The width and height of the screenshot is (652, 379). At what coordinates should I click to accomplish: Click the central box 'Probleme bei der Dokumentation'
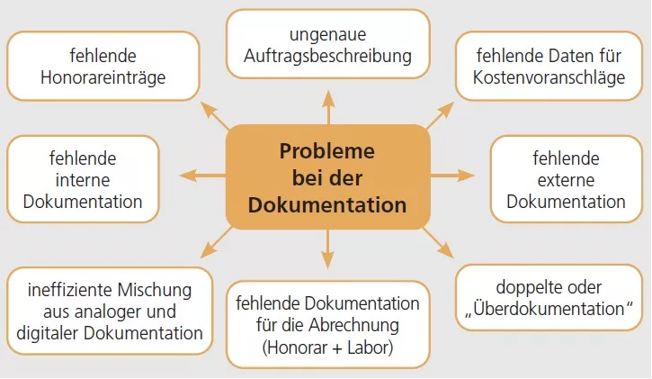327,177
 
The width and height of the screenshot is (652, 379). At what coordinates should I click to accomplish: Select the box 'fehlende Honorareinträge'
103,66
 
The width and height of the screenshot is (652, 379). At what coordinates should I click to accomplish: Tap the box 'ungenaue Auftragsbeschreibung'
327,45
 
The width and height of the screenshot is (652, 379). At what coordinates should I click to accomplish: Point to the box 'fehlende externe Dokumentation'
566,180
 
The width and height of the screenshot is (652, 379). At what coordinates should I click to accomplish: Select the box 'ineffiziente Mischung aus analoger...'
110,311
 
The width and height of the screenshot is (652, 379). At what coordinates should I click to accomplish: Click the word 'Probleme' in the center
327,150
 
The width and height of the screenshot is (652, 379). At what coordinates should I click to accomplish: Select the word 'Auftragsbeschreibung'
327,56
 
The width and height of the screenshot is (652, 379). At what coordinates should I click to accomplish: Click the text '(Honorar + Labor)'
327,347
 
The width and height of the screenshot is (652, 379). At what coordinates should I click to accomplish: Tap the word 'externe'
566,180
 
